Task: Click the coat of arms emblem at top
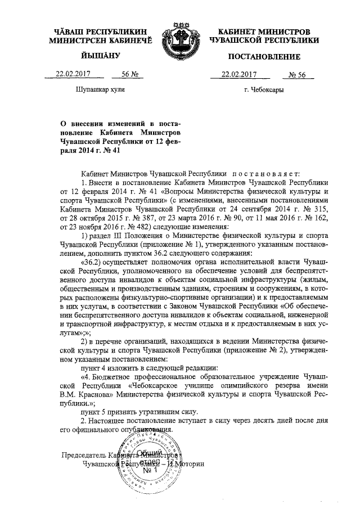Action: [x=179, y=38]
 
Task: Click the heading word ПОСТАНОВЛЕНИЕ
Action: [x=264, y=57]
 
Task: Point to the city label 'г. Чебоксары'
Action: [x=263, y=89]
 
